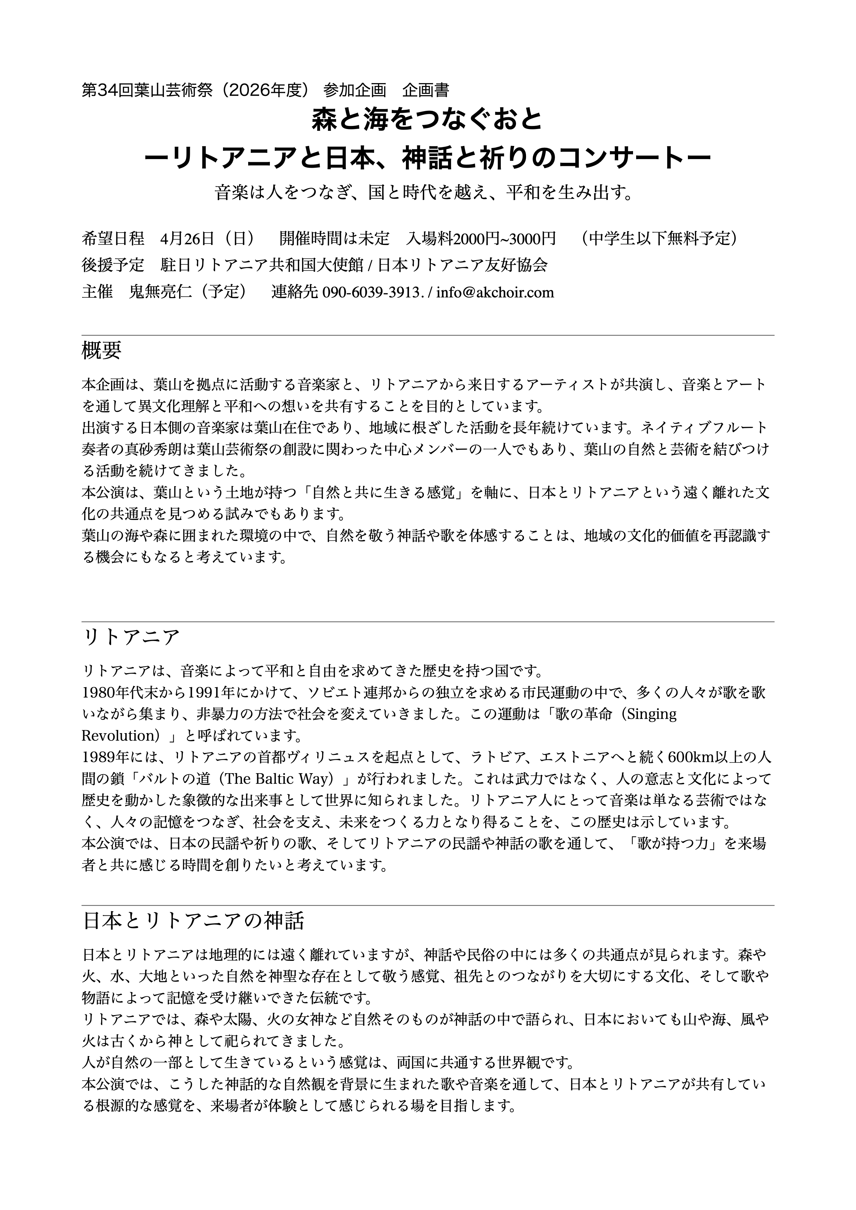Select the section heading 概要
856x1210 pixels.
pyautogui.click(x=102, y=351)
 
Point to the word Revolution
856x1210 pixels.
pyautogui.click(x=117, y=735)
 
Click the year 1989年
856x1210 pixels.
pyautogui.click(x=103, y=757)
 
